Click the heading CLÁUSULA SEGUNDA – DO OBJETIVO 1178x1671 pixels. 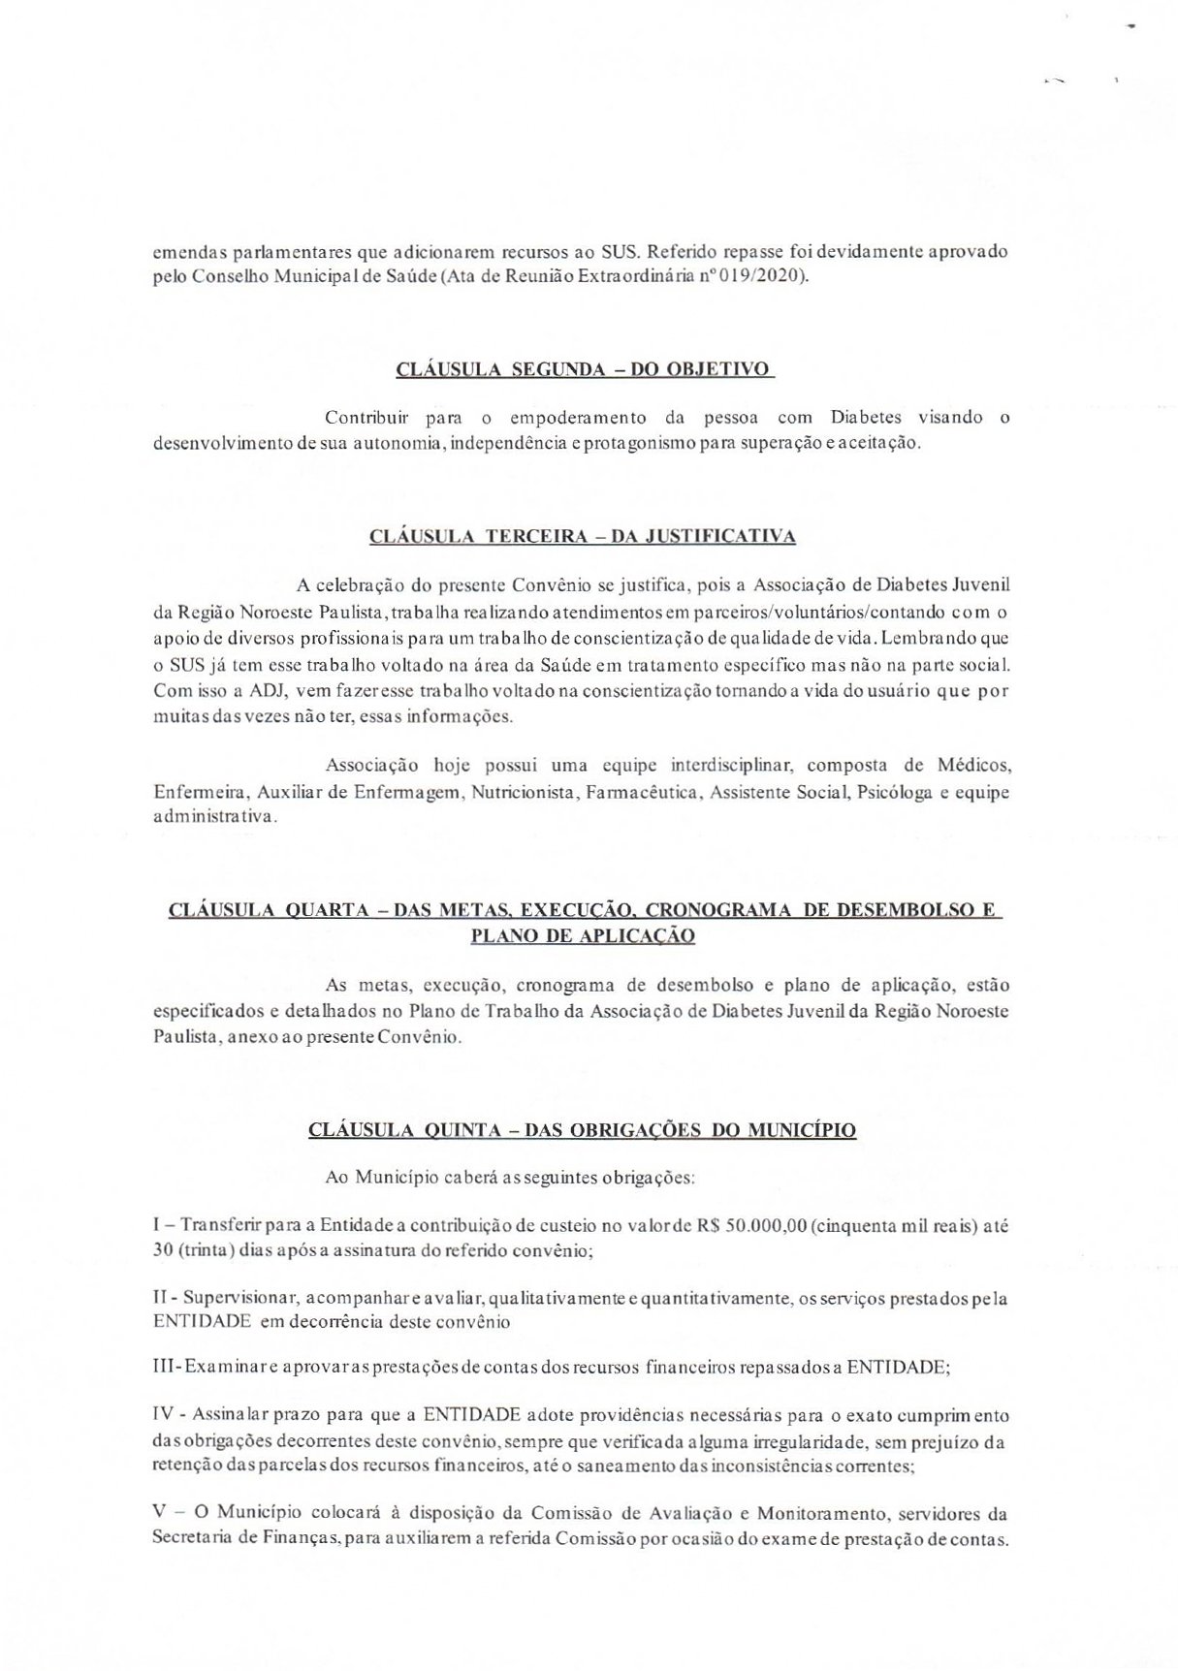pos(584,369)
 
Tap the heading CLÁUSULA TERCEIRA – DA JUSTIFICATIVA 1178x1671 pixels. pos(583,536)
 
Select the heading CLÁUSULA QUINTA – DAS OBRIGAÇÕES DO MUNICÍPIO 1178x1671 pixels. pos(582,1130)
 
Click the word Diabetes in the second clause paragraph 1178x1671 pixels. pos(866,419)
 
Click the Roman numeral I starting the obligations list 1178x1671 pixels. pos(157,1224)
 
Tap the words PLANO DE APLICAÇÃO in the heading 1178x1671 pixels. pos(582,936)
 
